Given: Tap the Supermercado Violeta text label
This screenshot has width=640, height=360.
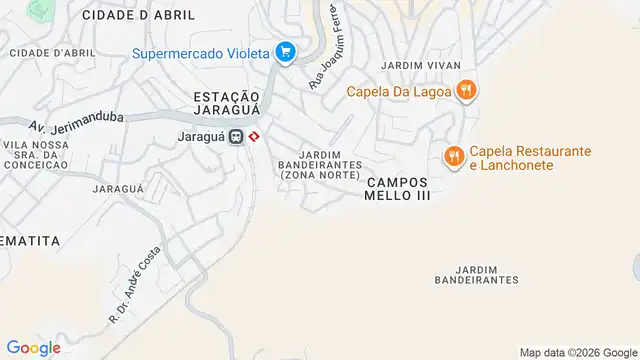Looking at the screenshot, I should tap(203, 52).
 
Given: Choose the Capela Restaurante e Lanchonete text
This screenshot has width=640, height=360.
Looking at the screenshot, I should tap(530, 158).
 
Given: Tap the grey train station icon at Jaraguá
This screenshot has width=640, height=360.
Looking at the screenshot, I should tap(237, 136).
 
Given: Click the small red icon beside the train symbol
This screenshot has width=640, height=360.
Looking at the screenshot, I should tap(255, 136).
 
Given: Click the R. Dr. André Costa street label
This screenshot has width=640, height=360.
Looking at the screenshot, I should tap(134, 284).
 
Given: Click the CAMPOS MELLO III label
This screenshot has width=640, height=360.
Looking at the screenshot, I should tap(398, 189).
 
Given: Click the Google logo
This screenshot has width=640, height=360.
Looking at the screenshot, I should tap(35, 348).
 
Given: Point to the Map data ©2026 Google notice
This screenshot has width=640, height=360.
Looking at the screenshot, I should tap(577, 352).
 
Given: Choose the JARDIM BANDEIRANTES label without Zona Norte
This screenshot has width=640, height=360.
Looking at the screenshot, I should tap(486, 274).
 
